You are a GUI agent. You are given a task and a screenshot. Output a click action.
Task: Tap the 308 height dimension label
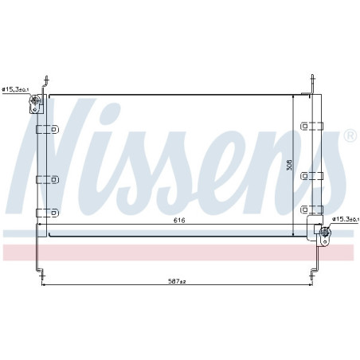pos(290,165)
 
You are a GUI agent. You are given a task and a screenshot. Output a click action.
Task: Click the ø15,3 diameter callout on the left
pos(15,90)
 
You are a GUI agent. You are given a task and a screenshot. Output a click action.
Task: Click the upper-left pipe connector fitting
pos(36,104)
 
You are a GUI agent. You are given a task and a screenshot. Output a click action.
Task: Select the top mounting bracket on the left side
pos(47,129)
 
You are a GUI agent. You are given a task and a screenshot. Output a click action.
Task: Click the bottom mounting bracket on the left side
pos(47,212)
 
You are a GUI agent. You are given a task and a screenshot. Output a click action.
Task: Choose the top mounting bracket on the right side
pos(311,126)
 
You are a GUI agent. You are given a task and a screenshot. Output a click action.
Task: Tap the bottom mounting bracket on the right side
pos(311,209)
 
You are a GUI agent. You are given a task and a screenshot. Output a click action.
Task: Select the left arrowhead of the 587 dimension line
pos(43,284)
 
